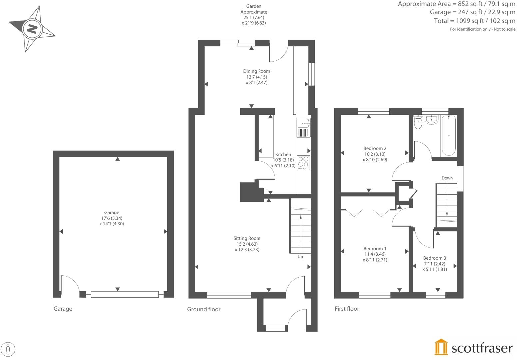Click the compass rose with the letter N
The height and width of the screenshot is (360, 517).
(32, 29)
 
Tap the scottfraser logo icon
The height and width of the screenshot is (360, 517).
(441, 347)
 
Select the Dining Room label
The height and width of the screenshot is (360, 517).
(257, 71)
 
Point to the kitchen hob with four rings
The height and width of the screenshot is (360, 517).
(303, 162)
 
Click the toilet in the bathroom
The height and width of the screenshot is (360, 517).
(418, 122)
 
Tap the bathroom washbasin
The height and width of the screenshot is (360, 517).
(431, 119)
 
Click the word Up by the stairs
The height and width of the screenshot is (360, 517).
(300, 257)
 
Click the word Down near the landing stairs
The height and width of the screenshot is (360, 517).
(447, 178)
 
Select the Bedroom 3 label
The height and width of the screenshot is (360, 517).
(434, 258)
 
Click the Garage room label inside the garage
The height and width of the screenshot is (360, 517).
(112, 212)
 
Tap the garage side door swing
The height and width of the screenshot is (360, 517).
(69, 285)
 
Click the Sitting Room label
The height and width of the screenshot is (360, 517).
(247, 238)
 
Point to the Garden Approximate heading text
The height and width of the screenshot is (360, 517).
(254, 9)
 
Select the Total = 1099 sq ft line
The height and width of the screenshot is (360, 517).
(474, 21)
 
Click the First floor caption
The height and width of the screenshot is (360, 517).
(347, 309)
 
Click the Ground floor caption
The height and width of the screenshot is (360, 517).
(204, 309)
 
